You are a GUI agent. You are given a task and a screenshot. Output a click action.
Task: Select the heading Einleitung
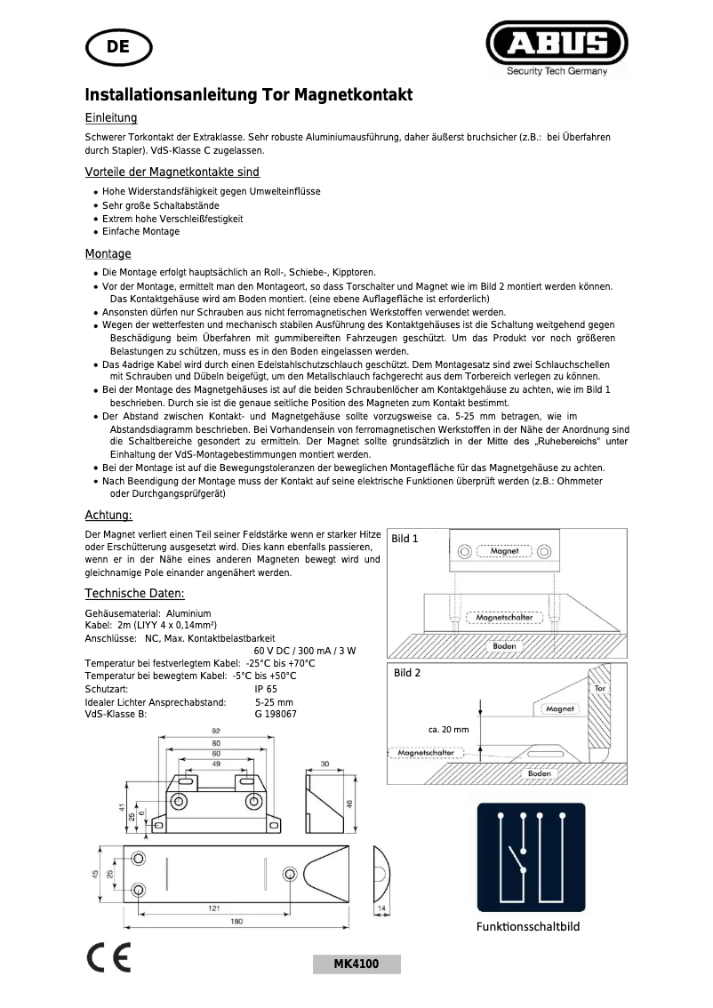[x=110, y=117]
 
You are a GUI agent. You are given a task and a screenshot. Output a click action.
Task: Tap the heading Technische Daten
[x=134, y=593]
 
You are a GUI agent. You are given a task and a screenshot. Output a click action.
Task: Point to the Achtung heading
[x=108, y=515]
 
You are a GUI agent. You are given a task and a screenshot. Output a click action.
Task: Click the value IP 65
[x=266, y=689]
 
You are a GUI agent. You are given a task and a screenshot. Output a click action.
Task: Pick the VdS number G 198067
[x=276, y=714]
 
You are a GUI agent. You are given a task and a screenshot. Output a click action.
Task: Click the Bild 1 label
[x=405, y=539]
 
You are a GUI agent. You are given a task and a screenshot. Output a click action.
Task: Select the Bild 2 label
[x=407, y=673]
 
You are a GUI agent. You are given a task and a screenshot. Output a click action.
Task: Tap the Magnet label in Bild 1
[x=504, y=551]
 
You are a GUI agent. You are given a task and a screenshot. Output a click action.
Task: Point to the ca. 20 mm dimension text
[x=448, y=729]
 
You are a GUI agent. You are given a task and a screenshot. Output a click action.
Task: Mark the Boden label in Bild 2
[x=539, y=773]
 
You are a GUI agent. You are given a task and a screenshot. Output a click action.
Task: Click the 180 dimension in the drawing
[x=236, y=922]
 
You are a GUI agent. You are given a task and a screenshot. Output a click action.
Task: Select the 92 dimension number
[x=215, y=731]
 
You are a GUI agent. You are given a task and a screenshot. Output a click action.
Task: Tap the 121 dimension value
[x=214, y=908]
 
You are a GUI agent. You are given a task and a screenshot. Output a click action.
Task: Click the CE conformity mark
[x=108, y=958]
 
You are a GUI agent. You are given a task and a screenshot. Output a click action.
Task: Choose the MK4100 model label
[x=356, y=964]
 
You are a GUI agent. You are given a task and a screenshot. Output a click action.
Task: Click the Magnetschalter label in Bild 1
[x=504, y=616]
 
